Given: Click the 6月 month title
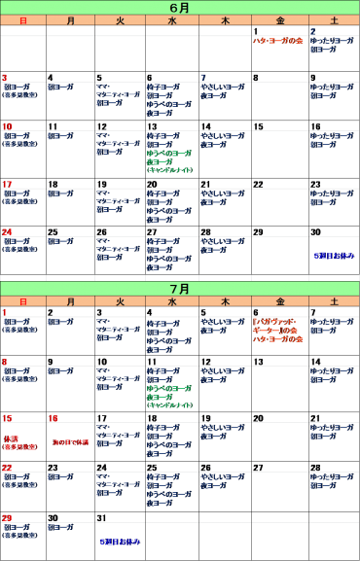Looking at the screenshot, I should [180, 7].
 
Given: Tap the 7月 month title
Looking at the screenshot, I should [180, 289].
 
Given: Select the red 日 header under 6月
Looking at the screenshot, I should [23, 20].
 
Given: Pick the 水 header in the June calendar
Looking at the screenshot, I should [172, 20].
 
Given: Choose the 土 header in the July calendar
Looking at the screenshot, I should [335, 302].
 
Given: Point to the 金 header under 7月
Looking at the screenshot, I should [280, 302].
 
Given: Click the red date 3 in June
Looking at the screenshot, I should [5, 78].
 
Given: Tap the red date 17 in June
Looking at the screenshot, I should [7, 185].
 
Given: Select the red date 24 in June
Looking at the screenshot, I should [7, 232].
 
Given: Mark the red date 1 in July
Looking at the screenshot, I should [4, 313].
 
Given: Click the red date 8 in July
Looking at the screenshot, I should [5, 362].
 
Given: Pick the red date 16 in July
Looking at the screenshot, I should [54, 418].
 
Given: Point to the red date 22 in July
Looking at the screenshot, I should [7, 468].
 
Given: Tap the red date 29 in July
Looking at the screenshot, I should [7, 518].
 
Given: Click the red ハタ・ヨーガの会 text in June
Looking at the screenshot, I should [279, 41].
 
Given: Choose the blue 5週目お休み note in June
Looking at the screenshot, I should [334, 256].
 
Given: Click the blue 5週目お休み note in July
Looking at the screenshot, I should [120, 541].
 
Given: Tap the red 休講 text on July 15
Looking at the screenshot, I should [13, 438].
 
